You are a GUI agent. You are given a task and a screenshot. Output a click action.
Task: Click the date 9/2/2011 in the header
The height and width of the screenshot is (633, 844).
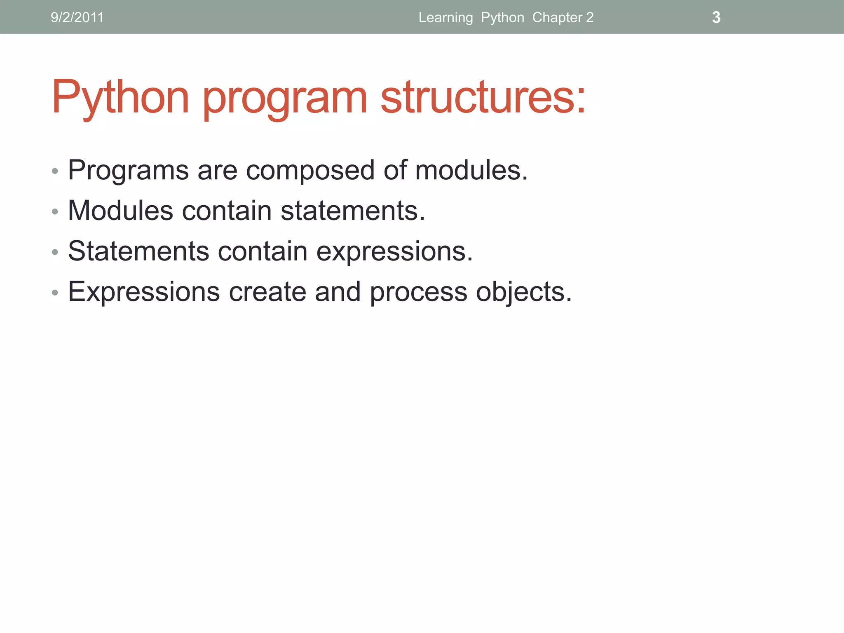pos(77,17)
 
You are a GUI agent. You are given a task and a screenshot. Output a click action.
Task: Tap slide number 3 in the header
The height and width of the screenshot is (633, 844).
pos(716,17)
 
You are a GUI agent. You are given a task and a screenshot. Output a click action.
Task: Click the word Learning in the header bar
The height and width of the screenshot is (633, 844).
pos(445,17)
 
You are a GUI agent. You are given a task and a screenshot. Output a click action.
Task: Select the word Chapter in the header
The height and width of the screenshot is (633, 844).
pos(557,17)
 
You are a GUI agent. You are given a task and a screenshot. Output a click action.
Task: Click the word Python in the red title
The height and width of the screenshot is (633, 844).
pos(120,97)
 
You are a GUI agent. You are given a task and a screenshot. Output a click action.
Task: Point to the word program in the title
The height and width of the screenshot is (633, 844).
pos(284,97)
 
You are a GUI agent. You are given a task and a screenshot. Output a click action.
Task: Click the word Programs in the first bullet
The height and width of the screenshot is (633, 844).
pos(128,170)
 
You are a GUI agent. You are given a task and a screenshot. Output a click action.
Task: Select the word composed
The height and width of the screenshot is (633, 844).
pos(310,170)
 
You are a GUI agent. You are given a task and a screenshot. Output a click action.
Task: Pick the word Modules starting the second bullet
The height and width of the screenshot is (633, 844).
pos(120,211)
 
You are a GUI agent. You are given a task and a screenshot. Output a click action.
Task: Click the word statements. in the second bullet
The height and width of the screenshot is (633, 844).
pos(353,211)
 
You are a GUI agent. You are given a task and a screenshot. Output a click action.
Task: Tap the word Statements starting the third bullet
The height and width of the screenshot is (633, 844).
pos(138,251)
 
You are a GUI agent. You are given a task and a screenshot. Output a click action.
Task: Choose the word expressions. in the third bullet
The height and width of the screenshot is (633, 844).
pos(394,251)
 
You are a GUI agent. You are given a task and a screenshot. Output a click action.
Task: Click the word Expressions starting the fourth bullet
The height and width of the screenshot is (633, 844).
pos(144,292)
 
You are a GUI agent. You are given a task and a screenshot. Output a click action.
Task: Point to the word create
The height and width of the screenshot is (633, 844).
pos(267,292)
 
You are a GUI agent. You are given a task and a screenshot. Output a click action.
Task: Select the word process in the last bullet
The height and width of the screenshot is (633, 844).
pos(418,292)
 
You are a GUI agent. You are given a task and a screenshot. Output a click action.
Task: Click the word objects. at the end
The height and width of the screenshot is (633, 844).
pos(524,292)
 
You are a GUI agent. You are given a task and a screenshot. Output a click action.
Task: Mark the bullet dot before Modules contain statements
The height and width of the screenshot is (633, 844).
pos(55,212)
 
